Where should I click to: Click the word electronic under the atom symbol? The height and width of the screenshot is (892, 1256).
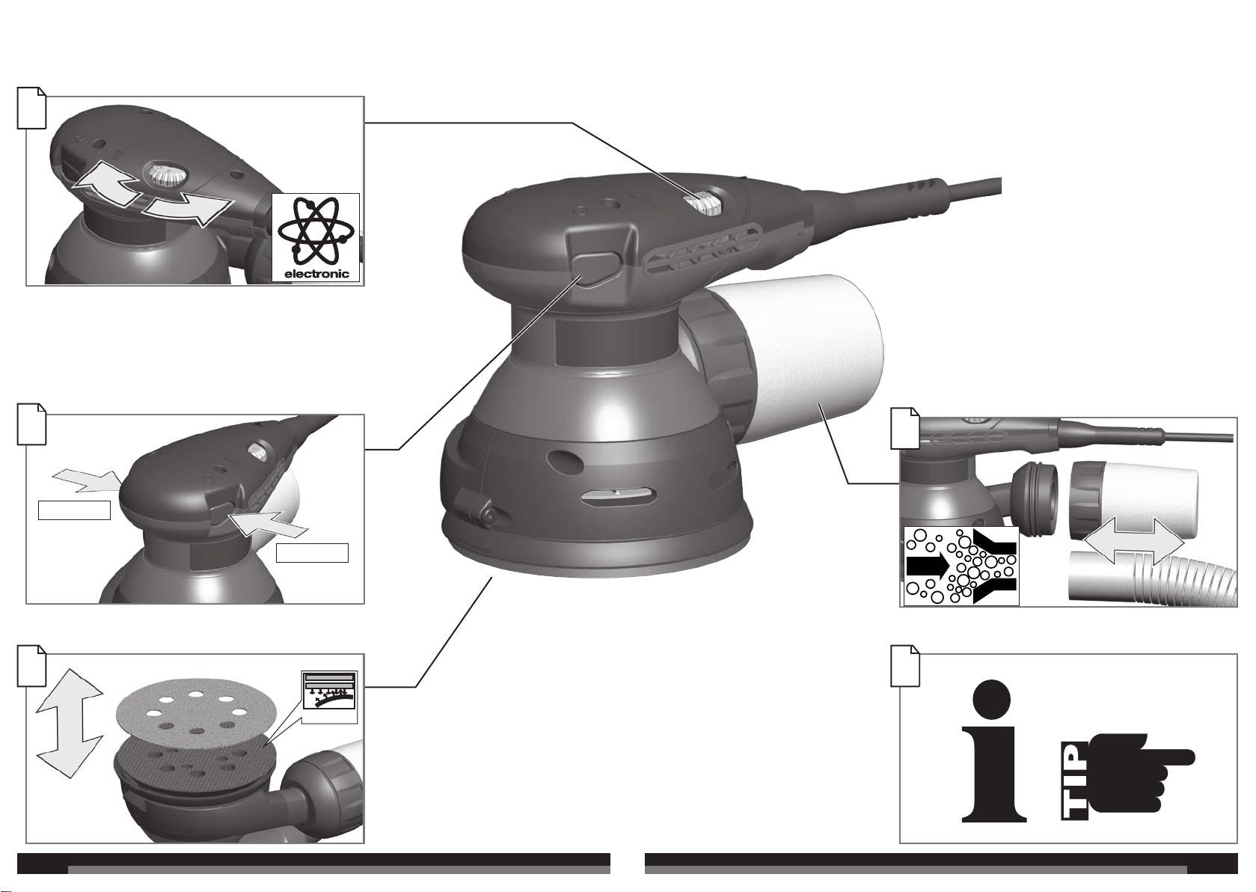(x=316, y=274)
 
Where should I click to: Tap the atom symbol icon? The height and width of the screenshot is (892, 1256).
(x=316, y=231)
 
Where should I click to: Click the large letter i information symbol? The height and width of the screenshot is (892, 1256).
(x=993, y=751)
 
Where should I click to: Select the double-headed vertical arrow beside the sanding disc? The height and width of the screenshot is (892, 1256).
(x=70, y=724)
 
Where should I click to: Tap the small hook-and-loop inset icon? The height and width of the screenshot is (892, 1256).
(x=329, y=691)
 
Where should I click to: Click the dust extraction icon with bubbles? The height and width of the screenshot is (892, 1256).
(x=961, y=566)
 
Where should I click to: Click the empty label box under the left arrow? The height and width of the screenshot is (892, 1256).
(x=74, y=510)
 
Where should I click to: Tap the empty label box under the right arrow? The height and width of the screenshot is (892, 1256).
(x=313, y=553)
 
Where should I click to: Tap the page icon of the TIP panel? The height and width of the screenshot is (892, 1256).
(x=905, y=665)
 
